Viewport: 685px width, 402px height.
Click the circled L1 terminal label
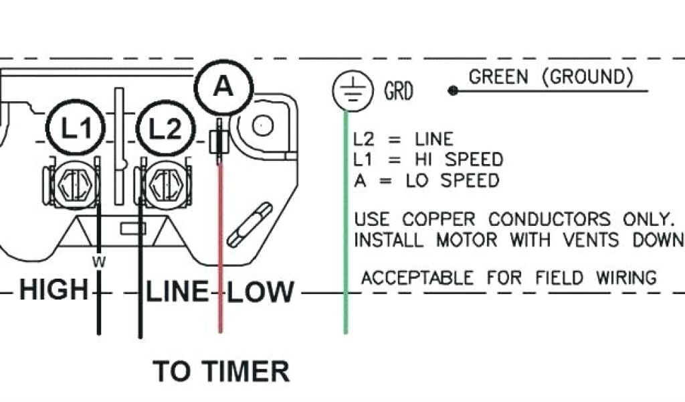(77, 128)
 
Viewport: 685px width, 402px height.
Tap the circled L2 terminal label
(164, 128)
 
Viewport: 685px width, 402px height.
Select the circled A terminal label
(224, 87)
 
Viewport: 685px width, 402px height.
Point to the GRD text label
(398, 91)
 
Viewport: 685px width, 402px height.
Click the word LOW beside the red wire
(260, 292)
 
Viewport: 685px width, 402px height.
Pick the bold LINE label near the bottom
(177, 291)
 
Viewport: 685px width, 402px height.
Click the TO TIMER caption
(221, 371)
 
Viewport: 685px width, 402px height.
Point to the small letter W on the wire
(99, 262)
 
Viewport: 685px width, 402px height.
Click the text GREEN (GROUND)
(551, 77)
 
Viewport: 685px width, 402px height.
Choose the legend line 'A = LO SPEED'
(426, 181)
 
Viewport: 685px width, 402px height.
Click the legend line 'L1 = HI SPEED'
(428, 160)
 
